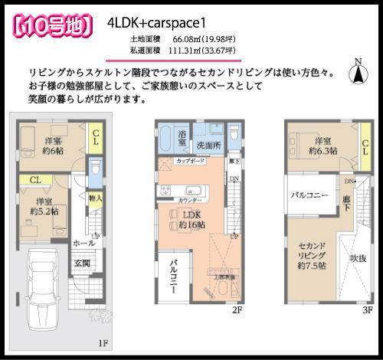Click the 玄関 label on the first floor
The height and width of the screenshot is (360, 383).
click(81, 263)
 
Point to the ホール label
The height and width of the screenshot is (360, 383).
click(83, 242)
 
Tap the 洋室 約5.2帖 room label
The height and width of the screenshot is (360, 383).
click(43, 207)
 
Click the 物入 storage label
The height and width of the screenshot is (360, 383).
click(96, 199)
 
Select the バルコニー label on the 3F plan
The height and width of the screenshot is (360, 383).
click(309, 195)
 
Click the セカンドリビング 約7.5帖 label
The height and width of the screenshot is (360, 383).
click(312, 256)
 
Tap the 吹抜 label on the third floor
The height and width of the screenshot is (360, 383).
click(357, 260)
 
